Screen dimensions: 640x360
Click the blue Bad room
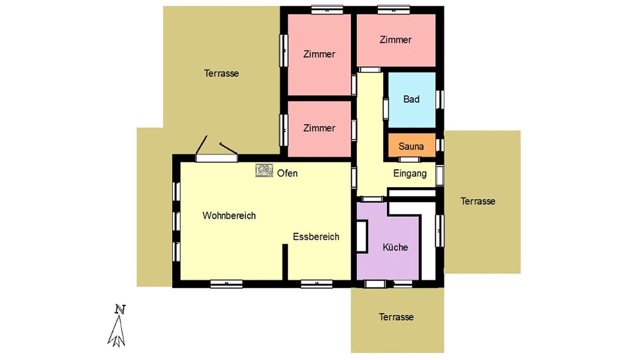(411, 99)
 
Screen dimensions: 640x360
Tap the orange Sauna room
(411, 145)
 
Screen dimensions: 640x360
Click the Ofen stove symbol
(264, 170)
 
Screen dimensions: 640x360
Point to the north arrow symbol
(116, 331)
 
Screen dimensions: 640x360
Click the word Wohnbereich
(229, 215)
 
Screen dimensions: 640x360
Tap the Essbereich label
(316, 237)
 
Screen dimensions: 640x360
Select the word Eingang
(410, 173)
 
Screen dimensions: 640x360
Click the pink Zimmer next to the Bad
(396, 40)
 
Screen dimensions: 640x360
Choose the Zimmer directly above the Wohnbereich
(319, 129)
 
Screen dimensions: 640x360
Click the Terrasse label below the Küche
(396, 317)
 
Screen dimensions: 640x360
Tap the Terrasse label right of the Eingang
(477, 201)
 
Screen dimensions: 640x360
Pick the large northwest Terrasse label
(221, 73)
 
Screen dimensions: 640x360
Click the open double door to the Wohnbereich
(216, 152)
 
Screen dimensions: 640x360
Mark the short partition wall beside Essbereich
(285, 262)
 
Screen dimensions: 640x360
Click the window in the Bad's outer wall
(440, 99)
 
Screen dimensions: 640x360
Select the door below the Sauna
(409, 159)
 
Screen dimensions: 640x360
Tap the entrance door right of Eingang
(439, 175)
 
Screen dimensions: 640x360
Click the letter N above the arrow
(120, 309)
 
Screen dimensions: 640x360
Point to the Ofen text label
(287, 173)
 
